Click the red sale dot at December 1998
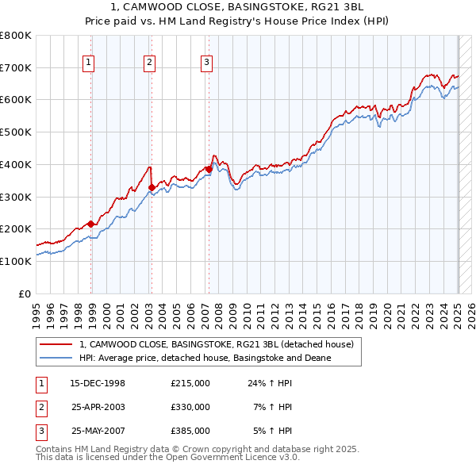pos(91,224)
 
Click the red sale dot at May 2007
pos(209,169)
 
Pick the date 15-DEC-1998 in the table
pos(98,383)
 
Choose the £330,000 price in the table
pos(190,407)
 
